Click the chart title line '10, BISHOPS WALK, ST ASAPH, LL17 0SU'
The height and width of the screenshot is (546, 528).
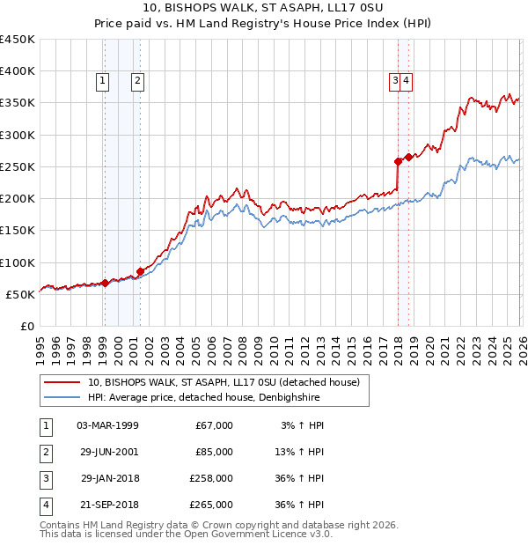point(264,9)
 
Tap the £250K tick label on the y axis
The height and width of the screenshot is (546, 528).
point(17,166)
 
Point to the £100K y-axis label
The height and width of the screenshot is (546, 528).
point(17,262)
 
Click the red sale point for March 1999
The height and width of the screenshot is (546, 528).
point(105,283)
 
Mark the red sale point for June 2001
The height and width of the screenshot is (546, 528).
point(141,271)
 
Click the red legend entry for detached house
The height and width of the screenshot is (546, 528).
point(224,383)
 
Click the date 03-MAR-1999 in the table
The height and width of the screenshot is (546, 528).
point(108,425)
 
